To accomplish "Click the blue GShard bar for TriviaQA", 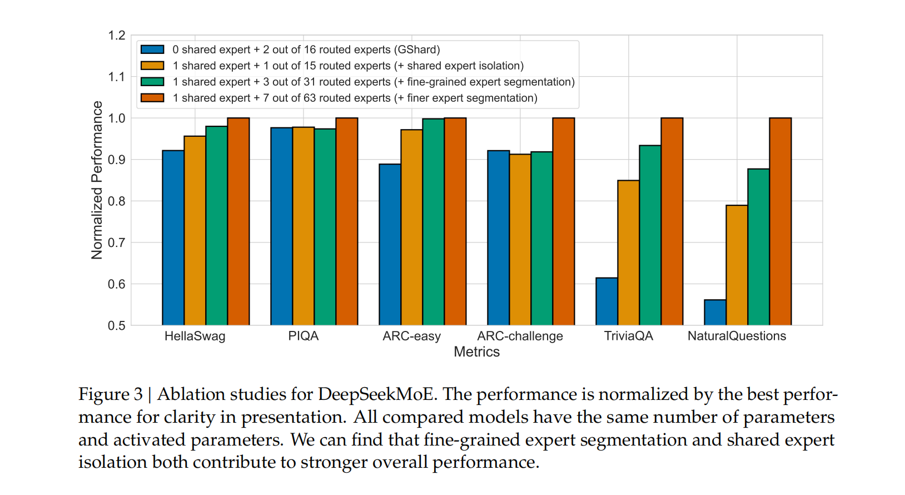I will point(606,301).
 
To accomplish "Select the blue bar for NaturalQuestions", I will point(715,313).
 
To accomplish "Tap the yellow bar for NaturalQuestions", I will point(737,265).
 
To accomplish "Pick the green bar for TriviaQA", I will point(650,235).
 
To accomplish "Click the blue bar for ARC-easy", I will point(390,245).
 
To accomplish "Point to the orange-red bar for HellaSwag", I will point(238,221).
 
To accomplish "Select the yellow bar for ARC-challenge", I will point(520,240).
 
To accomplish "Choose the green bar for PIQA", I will point(325,227).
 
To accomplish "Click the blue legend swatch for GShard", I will point(152,49).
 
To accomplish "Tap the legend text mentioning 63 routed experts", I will point(355,98).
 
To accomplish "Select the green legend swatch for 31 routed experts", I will point(152,82).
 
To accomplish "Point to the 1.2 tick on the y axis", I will point(117,36).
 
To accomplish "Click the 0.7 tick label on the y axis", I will point(117,242).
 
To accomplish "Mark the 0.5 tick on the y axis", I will point(117,325).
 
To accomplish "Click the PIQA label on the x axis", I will point(303,336).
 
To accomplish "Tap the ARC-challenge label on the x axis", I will point(520,336).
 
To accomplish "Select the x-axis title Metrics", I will point(476,352).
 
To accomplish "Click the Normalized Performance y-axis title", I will point(97,180).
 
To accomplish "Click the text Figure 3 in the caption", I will point(111,394).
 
